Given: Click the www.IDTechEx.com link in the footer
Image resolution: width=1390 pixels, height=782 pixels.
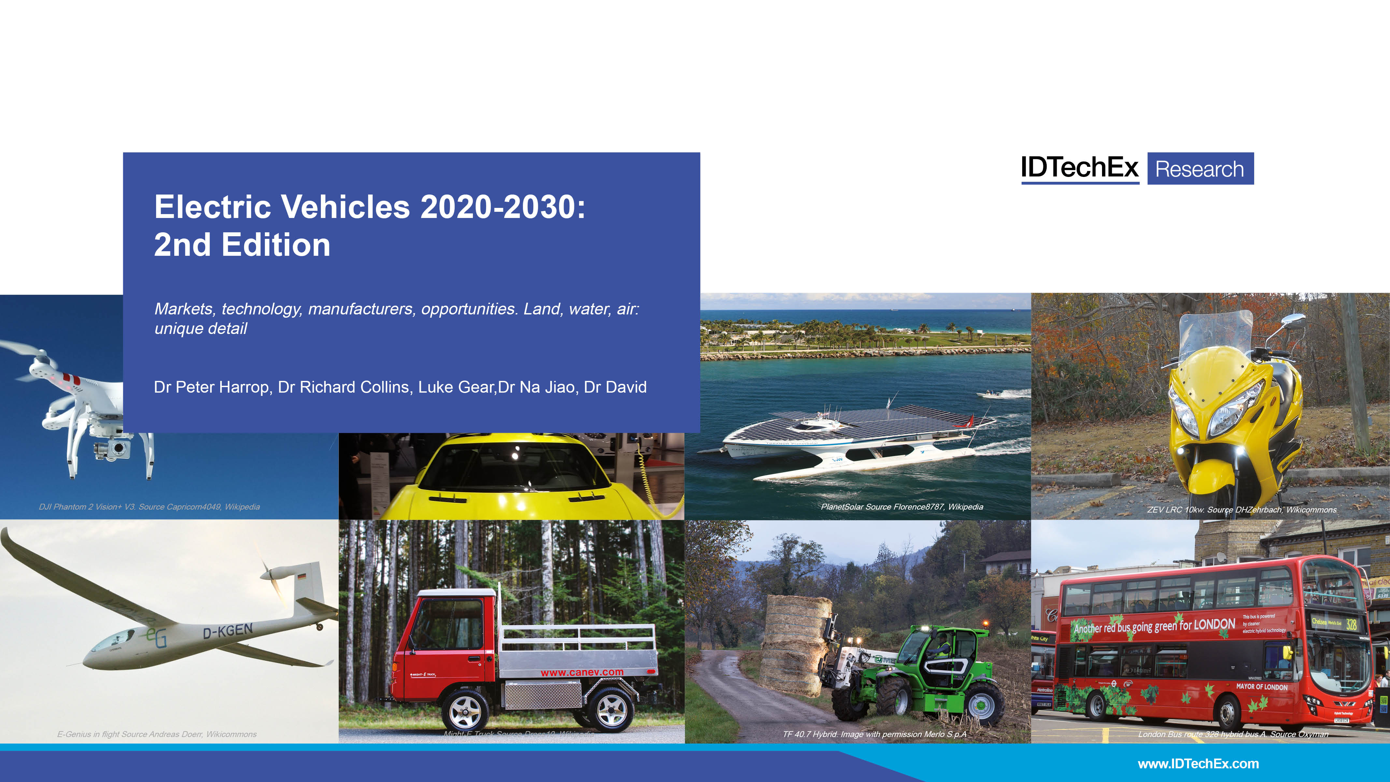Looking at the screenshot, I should pos(1198,764).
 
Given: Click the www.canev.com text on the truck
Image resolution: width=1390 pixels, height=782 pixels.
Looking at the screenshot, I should pos(582,673).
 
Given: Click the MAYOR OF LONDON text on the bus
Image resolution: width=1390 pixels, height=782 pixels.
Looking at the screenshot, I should pos(1262,687).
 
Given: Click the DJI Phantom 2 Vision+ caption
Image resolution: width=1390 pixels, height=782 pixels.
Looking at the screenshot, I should pos(150,507).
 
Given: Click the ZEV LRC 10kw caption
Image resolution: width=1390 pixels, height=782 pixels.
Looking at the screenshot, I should pos(1241,510).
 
